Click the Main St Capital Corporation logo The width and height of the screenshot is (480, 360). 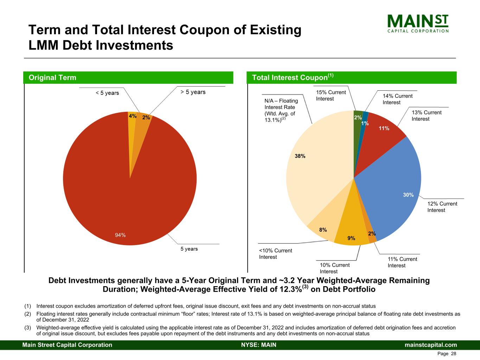pyautogui.click(x=418, y=24)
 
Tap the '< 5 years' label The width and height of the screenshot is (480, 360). pyautogui.click(x=107, y=93)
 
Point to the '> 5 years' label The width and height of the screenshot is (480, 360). pyautogui.click(x=193, y=92)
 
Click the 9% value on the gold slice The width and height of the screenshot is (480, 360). pyautogui.click(x=351, y=238)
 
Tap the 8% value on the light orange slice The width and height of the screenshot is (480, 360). pyautogui.click(x=323, y=230)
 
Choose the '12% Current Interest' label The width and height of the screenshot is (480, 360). pyautogui.click(x=442, y=207)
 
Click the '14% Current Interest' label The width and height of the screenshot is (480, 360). pyautogui.click(x=397, y=99)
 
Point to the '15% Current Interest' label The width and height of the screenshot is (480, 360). pyautogui.click(x=331, y=96)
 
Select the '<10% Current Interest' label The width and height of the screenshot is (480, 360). pyautogui.click(x=275, y=254)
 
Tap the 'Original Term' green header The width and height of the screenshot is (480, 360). pyautogui.click(x=52, y=78)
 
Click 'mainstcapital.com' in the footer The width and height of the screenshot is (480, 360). pyautogui.click(x=431, y=345)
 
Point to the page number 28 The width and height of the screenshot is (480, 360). pyautogui.click(x=454, y=354)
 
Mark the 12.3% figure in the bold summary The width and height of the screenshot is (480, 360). pyautogui.click(x=293, y=290)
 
